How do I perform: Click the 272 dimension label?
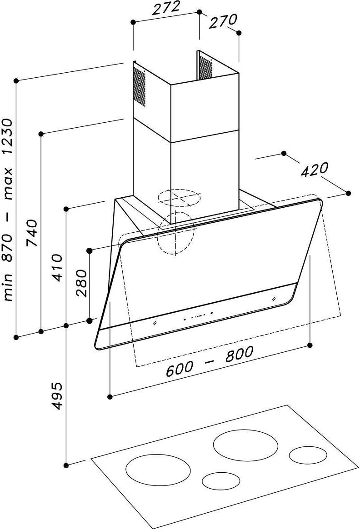[165, 7]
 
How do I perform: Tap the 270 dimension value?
[224, 21]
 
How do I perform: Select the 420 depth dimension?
[315, 170]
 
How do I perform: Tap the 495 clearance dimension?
[57, 396]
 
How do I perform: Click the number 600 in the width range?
[179, 369]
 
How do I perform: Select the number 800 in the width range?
[239, 354]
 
